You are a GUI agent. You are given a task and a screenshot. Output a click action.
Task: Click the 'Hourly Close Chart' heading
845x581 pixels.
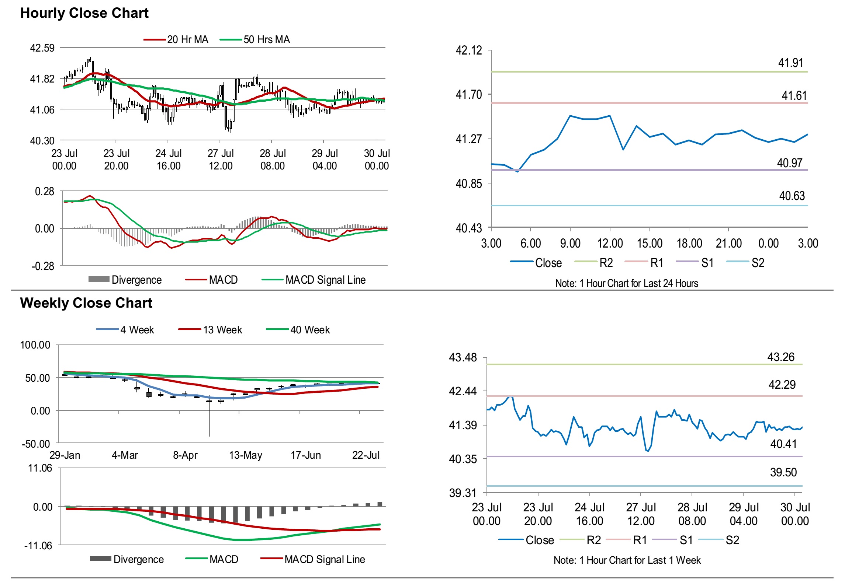pos(84,13)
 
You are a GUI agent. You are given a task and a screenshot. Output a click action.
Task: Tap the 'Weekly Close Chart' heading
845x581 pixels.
pos(86,303)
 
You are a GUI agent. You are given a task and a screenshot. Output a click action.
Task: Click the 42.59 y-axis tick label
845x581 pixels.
pos(42,48)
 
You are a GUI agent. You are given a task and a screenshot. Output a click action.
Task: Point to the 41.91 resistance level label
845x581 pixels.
pos(790,63)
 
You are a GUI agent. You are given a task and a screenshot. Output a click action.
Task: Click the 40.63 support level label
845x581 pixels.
pos(792,196)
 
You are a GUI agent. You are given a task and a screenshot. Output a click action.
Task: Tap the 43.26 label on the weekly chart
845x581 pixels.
pos(781,357)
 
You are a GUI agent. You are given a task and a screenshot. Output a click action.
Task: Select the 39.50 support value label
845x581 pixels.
pos(783,472)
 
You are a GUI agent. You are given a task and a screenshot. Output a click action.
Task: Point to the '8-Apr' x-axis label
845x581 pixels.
pos(185,455)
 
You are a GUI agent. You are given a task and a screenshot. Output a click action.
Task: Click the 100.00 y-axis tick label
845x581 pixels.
pos(35,345)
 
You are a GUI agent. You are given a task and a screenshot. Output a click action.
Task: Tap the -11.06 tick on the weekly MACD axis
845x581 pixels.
pos(38,546)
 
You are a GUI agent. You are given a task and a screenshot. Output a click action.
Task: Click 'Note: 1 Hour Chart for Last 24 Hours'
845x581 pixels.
pos(627,283)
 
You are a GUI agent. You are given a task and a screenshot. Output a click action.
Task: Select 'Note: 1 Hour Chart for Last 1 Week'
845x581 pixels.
pos(627,560)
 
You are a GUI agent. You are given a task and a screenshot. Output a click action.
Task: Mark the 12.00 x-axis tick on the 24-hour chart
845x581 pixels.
pos(610,243)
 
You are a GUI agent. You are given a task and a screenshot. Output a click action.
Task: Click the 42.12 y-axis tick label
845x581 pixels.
pos(469,50)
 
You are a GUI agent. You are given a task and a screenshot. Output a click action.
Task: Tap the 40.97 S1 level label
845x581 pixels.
pos(790,163)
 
